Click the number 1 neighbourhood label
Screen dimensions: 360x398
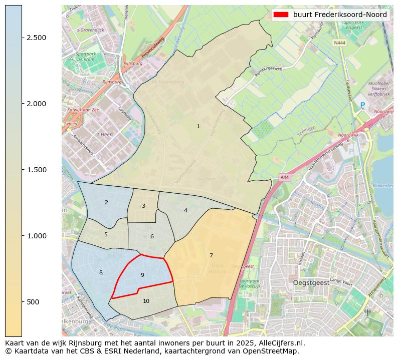[x=198, y=127]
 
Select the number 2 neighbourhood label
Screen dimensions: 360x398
[x=106, y=203]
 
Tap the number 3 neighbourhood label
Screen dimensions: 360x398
[x=143, y=206]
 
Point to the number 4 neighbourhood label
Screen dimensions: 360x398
[x=185, y=211]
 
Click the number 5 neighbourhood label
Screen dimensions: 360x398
[x=106, y=235]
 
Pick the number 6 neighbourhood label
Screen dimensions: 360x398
[x=152, y=237]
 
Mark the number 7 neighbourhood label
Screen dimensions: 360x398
[x=211, y=256]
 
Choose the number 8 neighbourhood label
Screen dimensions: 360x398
[x=101, y=273]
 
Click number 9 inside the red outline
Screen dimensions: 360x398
[x=142, y=275]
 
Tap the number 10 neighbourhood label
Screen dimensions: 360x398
[x=146, y=301]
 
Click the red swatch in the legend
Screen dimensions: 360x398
[x=281, y=15]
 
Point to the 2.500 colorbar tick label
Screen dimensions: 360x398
[x=37, y=38]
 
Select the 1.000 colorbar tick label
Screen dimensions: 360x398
[x=37, y=236]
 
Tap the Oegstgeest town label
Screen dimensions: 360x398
[x=311, y=283]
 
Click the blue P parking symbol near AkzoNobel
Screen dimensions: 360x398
[x=362, y=106]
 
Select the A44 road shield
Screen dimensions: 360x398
[x=284, y=177]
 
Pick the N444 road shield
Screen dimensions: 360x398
[x=339, y=43]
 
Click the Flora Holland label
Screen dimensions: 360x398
[x=217, y=268]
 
